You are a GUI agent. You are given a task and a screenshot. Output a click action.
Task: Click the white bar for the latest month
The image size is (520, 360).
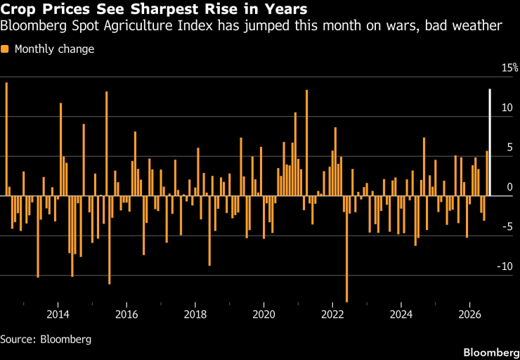point(490,142)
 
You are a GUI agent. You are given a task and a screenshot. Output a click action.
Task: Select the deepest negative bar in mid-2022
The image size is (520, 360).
point(347,249)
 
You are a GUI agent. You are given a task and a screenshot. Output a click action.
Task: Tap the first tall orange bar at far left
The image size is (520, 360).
point(6,139)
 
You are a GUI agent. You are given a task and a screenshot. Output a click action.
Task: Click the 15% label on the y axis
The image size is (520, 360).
point(509,68)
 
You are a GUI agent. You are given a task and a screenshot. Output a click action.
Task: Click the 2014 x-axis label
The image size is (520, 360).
point(58,314)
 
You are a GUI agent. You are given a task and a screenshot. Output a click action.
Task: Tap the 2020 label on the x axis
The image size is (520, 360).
point(264,314)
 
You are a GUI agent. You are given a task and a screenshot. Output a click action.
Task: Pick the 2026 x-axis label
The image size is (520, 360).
point(469,314)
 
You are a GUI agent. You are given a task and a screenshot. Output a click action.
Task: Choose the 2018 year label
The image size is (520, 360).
point(195,314)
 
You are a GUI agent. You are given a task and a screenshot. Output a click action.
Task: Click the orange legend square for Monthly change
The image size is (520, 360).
point(5,49)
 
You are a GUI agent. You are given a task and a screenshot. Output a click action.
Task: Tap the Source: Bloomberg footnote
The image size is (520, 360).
point(46,340)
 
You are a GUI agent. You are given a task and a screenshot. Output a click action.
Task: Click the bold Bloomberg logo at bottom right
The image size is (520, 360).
point(491,352)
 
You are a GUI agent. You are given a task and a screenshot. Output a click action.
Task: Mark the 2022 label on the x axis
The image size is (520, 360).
point(332,314)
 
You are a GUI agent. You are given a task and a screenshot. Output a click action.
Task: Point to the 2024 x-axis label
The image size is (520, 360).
point(401,314)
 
